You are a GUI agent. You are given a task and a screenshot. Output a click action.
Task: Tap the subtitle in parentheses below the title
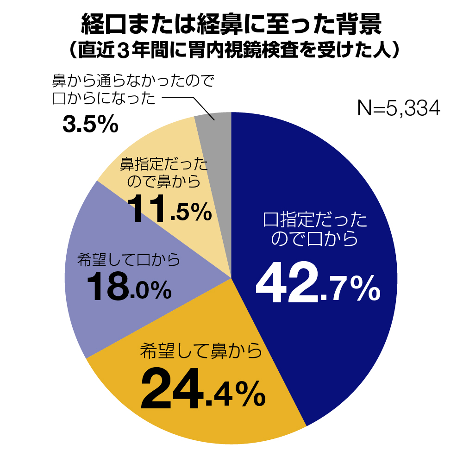point(231,50)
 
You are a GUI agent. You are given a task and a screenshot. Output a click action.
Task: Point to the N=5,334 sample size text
point(398,108)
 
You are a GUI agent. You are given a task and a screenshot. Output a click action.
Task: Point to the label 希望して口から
point(128,261)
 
